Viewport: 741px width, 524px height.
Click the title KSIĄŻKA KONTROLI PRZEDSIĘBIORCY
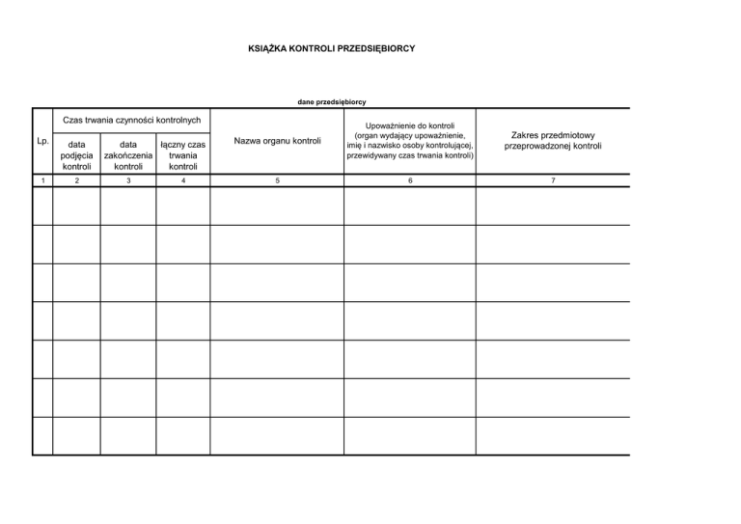click(331, 46)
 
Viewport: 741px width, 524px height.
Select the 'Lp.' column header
click(41, 141)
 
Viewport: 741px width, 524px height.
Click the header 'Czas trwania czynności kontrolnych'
click(131, 121)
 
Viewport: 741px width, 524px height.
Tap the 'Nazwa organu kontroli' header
click(278, 141)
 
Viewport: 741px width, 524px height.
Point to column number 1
click(41, 179)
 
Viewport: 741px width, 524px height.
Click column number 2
click(75, 179)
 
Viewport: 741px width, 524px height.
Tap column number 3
click(128, 179)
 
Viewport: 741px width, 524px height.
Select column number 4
click(183, 179)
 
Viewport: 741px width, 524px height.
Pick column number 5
click(278, 179)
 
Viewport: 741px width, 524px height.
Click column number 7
click(553, 179)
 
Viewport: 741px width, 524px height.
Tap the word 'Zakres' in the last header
click(527, 135)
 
